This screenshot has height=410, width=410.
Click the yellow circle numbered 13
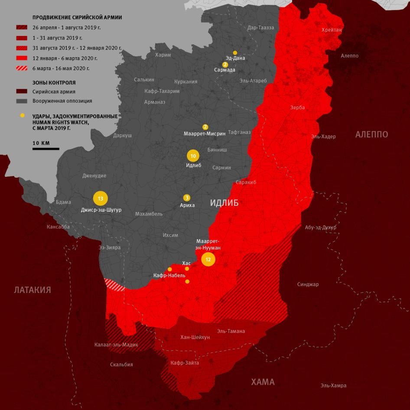[100, 198]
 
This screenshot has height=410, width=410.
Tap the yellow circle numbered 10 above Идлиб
[193, 156]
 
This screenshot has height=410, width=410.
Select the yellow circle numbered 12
[208, 260]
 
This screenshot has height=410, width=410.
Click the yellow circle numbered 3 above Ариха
[187, 197]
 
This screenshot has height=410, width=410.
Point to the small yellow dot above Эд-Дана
[235, 52]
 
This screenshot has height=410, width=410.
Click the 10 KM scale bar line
[46, 149]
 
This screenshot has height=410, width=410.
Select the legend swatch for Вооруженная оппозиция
[22, 101]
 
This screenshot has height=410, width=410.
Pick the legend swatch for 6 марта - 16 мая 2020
[22, 68]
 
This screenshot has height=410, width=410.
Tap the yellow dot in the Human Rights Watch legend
[22, 116]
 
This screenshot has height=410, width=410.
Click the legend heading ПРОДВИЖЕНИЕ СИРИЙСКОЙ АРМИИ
[77, 18]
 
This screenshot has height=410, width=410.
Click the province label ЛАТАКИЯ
[32, 290]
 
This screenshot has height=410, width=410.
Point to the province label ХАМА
[263, 382]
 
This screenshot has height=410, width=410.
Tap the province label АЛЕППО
[371, 134]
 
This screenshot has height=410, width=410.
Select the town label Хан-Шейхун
[195, 337]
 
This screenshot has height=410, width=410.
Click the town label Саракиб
[246, 182]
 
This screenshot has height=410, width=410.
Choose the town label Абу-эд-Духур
[320, 227]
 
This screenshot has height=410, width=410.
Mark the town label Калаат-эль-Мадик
[116, 345]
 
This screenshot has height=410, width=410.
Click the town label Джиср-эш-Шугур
[101, 210]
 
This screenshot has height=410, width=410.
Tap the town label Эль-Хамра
[333, 385]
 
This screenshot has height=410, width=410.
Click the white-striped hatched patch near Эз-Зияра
[114, 285]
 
